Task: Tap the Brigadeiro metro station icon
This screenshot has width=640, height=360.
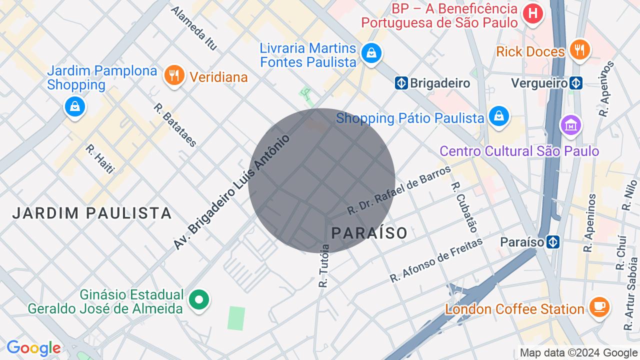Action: (401, 83)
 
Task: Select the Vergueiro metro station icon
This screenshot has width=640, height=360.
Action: (576, 83)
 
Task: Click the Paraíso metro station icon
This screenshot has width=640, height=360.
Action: (552, 242)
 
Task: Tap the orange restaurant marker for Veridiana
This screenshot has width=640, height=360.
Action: (174, 75)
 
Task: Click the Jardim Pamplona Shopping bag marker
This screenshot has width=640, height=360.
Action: (75, 106)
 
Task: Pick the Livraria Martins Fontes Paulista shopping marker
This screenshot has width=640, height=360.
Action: (371, 52)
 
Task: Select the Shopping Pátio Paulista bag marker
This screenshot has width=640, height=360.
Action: (498, 116)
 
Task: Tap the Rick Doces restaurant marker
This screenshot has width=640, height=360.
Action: (579, 49)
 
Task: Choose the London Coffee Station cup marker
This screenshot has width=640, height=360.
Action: (599, 306)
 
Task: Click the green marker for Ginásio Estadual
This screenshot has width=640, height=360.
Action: (199, 300)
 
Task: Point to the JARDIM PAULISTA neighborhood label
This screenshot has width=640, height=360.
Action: (92, 213)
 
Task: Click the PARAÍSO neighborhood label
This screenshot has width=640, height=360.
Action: (369, 233)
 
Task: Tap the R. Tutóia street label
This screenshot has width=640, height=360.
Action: (324, 266)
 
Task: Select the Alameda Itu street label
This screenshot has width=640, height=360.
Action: (194, 28)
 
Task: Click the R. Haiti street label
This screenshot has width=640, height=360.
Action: (100, 159)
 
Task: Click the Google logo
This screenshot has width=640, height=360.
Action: (33, 348)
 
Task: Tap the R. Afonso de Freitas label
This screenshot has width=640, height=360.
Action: (436, 260)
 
